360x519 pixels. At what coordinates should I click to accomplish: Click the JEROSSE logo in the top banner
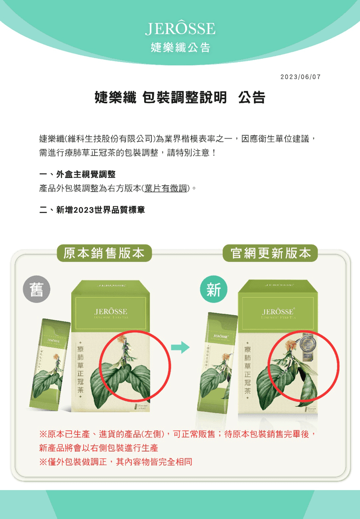(x=180, y=29)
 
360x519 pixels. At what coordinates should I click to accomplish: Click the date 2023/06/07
(x=300, y=78)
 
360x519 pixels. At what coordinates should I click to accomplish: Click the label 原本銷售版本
(x=104, y=253)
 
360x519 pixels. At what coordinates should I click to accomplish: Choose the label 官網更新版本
(x=271, y=253)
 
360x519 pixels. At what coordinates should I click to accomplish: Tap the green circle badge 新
(x=213, y=291)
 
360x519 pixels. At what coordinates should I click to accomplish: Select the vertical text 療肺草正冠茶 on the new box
(x=248, y=370)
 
